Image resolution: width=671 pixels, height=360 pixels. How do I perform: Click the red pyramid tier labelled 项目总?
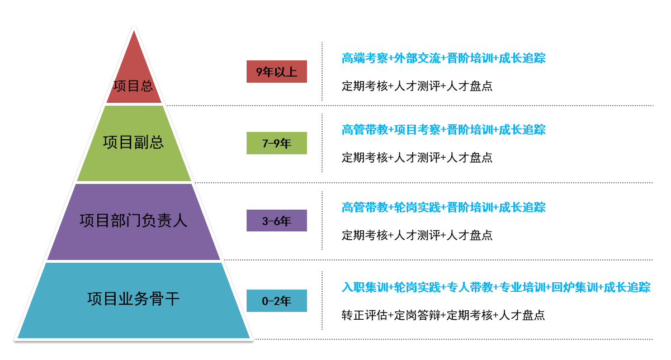click(x=134, y=78)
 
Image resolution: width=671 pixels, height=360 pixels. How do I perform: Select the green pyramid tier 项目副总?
click(x=134, y=144)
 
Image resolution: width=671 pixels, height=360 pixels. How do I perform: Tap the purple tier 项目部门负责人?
click(x=134, y=221)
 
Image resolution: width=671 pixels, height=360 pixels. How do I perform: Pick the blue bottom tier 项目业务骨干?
click(x=134, y=300)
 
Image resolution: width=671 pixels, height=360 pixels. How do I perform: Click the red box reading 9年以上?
click(x=276, y=72)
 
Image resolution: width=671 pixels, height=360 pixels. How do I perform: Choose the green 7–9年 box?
click(x=276, y=143)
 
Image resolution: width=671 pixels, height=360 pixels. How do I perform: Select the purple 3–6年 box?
click(x=276, y=220)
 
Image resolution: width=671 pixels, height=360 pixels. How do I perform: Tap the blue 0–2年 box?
click(x=276, y=301)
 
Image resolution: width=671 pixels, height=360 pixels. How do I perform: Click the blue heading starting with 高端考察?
click(x=443, y=58)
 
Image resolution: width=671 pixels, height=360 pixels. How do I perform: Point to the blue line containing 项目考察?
click(x=443, y=130)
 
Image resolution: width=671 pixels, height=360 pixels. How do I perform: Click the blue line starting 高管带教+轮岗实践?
click(x=443, y=207)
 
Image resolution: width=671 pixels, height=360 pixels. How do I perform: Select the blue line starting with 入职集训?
click(x=496, y=287)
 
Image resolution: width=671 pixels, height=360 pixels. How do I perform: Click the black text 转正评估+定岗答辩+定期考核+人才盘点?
click(x=443, y=315)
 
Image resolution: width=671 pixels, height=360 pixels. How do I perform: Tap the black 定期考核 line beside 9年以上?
click(x=417, y=86)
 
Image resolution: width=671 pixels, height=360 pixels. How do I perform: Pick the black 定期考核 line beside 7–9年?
click(x=417, y=158)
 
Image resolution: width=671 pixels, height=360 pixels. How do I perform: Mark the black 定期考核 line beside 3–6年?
click(x=417, y=235)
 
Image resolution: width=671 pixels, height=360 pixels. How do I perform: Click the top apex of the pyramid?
click(x=134, y=31)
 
